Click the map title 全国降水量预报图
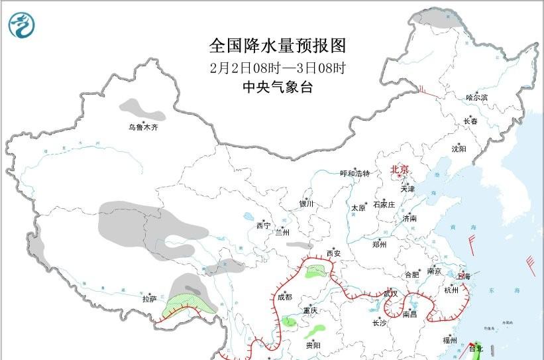click(x=278, y=46)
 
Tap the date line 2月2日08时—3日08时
click(x=278, y=67)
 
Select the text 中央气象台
click(x=278, y=87)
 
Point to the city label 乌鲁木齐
click(x=144, y=127)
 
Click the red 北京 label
click(x=400, y=169)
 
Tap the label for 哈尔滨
click(x=476, y=97)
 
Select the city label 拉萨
click(x=150, y=300)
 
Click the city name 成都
click(x=285, y=297)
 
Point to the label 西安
click(x=333, y=253)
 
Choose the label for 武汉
click(x=390, y=293)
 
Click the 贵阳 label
click(x=313, y=345)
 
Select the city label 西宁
click(x=263, y=226)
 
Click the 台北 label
click(x=476, y=348)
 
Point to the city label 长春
click(x=470, y=121)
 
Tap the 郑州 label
click(x=379, y=245)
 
